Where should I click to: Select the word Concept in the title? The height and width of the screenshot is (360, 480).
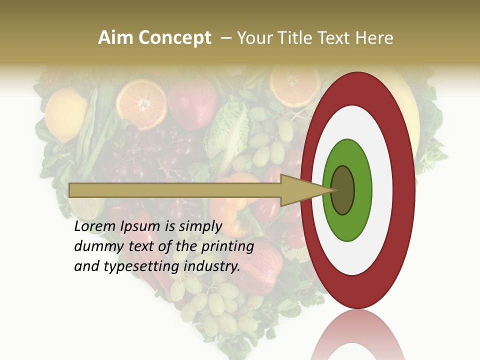tap(174, 38)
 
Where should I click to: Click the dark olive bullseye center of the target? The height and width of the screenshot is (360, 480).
tap(343, 190)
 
